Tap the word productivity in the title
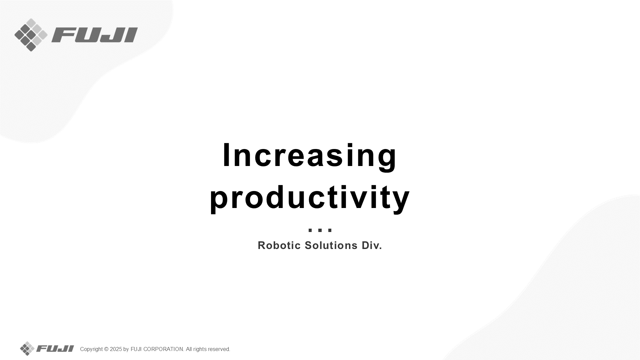(310, 198)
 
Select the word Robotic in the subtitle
(279, 245)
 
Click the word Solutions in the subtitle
(331, 245)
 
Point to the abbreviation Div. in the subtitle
(372, 245)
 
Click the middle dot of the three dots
(320, 230)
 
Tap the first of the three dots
(310, 230)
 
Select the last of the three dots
(330, 230)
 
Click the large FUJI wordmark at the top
(95, 35)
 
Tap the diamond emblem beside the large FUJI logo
(31, 35)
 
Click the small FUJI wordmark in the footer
(55, 349)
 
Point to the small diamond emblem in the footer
(27, 349)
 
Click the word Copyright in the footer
(91, 349)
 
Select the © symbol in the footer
(106, 349)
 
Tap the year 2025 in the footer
(116, 349)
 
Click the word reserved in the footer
(219, 349)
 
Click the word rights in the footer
(200, 349)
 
